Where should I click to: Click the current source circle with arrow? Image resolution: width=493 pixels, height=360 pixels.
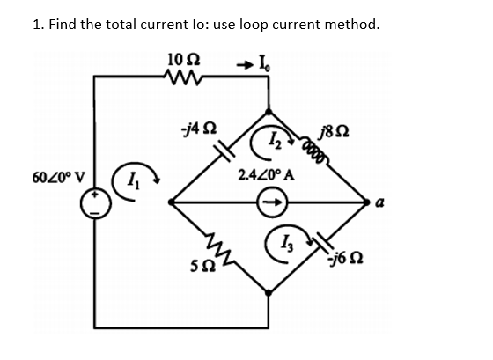(x=270, y=202)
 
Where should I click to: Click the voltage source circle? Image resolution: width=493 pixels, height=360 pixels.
(x=93, y=204)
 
